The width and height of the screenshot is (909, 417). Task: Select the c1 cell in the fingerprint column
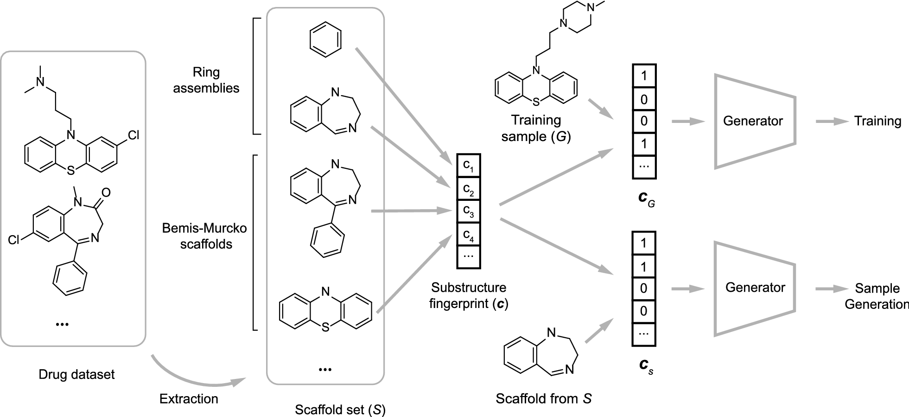(469, 166)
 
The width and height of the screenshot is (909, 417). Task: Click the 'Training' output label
(877, 122)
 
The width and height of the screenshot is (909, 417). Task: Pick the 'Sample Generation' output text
(877, 296)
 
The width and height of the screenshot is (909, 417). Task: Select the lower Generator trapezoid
(754, 288)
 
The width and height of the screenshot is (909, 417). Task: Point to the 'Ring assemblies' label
(206, 80)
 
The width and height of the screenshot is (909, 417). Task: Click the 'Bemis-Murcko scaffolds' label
(205, 236)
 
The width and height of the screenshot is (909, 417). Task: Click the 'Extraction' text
(189, 398)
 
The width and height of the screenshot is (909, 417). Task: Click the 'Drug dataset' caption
(76, 374)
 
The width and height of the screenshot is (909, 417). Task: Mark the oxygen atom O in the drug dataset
(106, 191)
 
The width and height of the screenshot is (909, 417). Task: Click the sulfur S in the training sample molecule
(536, 100)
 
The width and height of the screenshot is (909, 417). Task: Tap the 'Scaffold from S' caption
(543, 398)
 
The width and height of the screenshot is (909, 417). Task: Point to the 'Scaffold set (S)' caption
(340, 410)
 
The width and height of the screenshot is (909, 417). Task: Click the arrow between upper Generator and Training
(831, 122)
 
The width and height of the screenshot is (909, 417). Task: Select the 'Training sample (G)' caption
(536, 128)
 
